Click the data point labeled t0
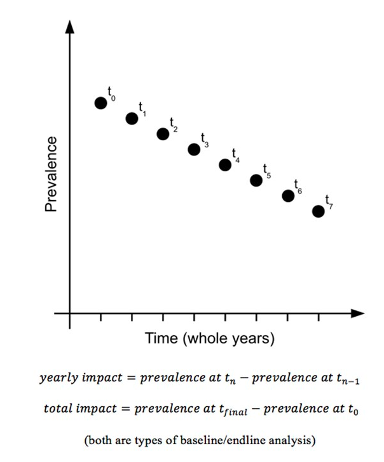tap(100, 103)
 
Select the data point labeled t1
tap(132, 118)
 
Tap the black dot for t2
tap(163, 133)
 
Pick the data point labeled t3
tap(194, 149)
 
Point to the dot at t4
tap(225, 164)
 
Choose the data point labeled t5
tap(256, 180)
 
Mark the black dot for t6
tap(287, 195)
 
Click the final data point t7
tap(319, 211)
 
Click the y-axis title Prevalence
tap(51, 174)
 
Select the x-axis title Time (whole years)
tap(210, 338)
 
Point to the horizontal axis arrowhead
tap(357, 313)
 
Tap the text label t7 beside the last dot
tap(328, 202)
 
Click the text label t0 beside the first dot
tap(111, 94)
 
